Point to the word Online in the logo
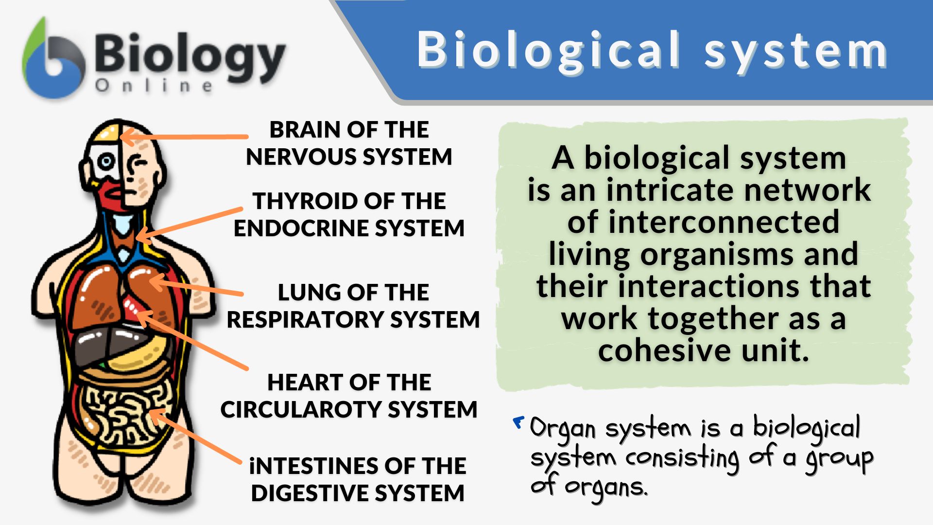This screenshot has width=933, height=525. [154, 86]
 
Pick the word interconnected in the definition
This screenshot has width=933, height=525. [703, 222]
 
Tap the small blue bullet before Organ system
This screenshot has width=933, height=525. [518, 422]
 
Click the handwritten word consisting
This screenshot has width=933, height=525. [683, 458]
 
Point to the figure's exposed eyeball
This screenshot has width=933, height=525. [106, 161]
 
